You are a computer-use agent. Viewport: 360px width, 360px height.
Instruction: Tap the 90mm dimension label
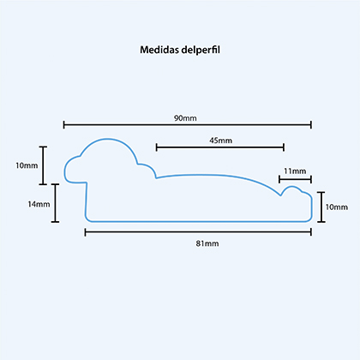pyautogui.click(x=185, y=118)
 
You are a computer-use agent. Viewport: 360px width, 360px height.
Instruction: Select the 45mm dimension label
pyautogui.click(x=220, y=141)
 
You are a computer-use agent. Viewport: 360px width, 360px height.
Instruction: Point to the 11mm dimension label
pyautogui.click(x=295, y=171)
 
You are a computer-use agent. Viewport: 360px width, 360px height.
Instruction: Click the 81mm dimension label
pyautogui.click(x=207, y=243)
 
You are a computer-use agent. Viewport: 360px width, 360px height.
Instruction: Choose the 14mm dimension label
pyautogui.click(x=39, y=204)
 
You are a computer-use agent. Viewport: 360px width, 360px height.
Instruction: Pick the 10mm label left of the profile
pyautogui.click(x=27, y=165)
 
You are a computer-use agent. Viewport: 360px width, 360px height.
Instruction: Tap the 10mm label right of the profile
pyautogui.click(x=337, y=207)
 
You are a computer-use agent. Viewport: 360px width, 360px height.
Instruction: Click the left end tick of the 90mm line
pyautogui.click(x=63, y=124)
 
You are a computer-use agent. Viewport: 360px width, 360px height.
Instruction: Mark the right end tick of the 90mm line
pyautogui.click(x=311, y=124)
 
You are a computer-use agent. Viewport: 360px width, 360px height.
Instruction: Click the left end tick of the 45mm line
pyautogui.click(x=156, y=147)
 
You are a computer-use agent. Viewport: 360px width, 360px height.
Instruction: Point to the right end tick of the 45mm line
pyautogui.click(x=284, y=147)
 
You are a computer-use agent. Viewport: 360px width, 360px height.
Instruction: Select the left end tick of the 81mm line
pyautogui.click(x=85, y=232)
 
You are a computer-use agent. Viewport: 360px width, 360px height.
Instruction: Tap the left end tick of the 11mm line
pyautogui.click(x=279, y=179)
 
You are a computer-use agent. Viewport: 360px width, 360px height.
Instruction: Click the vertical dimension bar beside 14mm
pyautogui.click(x=55, y=203)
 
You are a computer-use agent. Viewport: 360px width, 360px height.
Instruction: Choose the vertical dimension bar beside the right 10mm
pyautogui.click(x=321, y=207)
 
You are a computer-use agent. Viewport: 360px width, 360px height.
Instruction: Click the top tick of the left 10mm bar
pyautogui.click(x=43, y=147)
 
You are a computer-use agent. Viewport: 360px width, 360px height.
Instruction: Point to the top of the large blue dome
pyautogui.click(x=109, y=139)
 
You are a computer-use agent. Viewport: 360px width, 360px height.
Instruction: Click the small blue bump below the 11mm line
pyautogui.click(x=291, y=187)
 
